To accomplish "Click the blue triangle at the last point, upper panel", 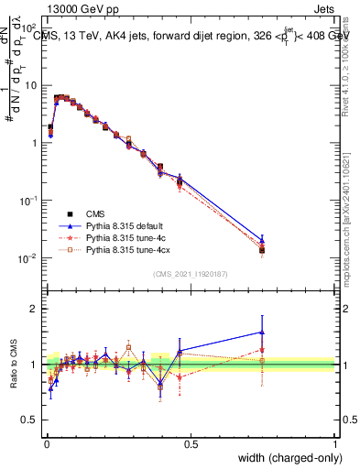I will coord(262,239).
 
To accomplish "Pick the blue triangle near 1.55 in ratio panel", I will coord(262,333).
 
